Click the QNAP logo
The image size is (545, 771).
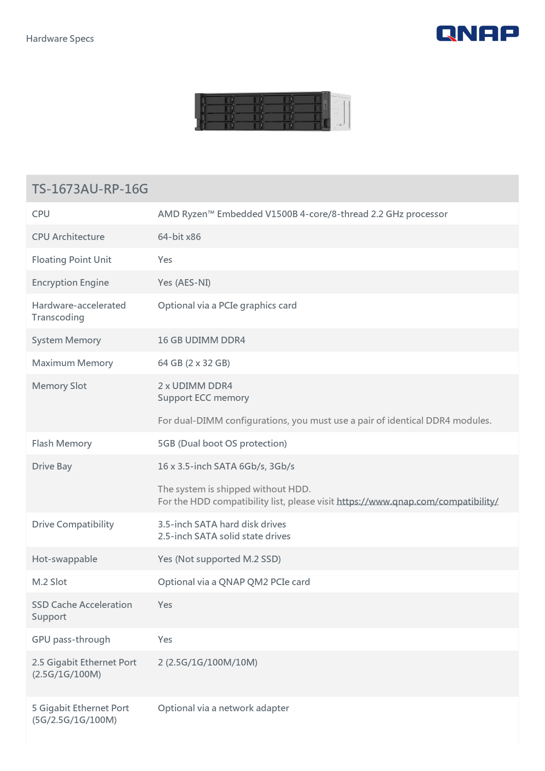coord(477,33)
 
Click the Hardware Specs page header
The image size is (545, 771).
coord(60,39)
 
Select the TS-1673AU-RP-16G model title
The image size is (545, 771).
coord(90,189)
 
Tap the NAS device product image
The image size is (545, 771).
coord(272,111)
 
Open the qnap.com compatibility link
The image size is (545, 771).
coord(417,502)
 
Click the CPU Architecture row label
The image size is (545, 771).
coord(68,237)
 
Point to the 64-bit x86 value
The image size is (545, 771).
coord(179,237)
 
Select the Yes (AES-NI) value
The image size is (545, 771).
coord(184,283)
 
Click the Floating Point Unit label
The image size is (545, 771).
coord(72,260)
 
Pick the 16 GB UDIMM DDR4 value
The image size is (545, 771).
coord(201,340)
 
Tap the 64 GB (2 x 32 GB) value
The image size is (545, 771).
coord(194,363)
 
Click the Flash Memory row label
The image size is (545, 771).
coord(62,444)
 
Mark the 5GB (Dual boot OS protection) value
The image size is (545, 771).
coord(222,444)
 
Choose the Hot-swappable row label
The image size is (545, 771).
coord(65,559)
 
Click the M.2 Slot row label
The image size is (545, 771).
coord(49,582)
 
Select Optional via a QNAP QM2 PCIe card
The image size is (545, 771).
coord(234,582)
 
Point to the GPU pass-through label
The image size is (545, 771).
coord(71,640)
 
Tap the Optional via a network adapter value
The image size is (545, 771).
coord(223,708)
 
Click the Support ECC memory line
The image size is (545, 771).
coord(203,398)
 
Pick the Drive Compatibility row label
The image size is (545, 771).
coord(73,524)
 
